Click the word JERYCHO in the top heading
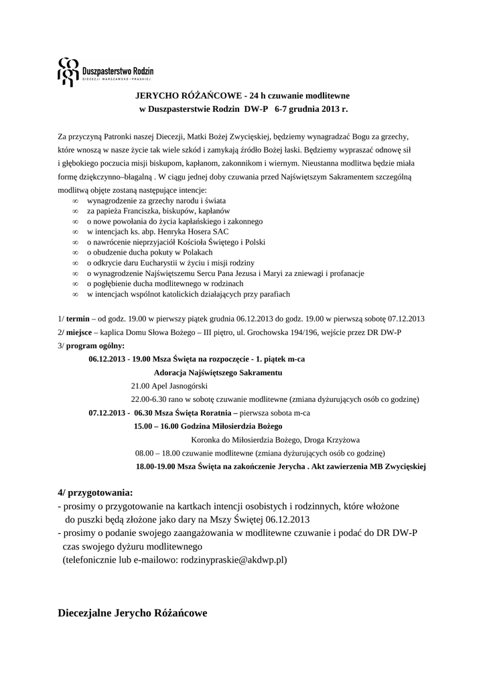[x=159, y=95]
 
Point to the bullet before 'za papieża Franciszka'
[x=76, y=211]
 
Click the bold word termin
[x=78, y=319]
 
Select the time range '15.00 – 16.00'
[x=154, y=426]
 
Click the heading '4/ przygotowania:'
[x=95, y=493]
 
